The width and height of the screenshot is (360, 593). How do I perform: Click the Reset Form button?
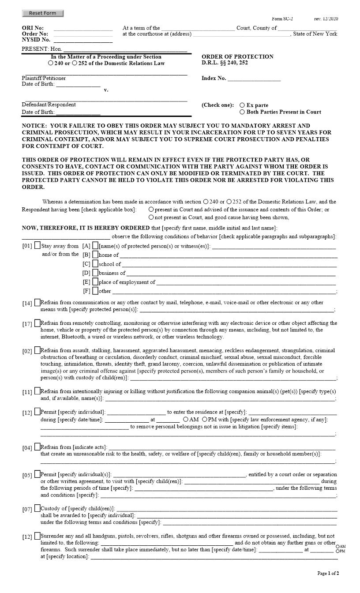pyautogui.click(x=43, y=13)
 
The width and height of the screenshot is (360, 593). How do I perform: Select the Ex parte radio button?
pyautogui.click(x=242, y=105)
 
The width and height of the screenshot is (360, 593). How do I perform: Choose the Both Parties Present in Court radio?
pyautogui.click(x=242, y=112)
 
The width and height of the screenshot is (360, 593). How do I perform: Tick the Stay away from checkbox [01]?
pyautogui.click(x=37, y=246)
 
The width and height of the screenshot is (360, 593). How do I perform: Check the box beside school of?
pyautogui.click(x=95, y=264)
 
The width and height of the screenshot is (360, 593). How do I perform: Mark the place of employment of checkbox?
pyautogui.click(x=95, y=282)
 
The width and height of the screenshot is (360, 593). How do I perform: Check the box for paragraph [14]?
pyautogui.click(x=37, y=303)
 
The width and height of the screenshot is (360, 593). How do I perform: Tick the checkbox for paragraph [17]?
pyautogui.click(x=37, y=323)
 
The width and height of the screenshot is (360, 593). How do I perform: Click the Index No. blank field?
pyautogui.click(x=254, y=79)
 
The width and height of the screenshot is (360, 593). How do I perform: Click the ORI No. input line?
pyautogui.click(x=83, y=28)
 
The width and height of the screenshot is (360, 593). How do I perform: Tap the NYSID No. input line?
pyautogui.click(x=83, y=40)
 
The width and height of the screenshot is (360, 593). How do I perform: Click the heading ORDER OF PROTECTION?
pyautogui.click(x=237, y=57)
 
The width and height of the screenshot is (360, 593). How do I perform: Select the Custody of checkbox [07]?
pyautogui.click(x=37, y=508)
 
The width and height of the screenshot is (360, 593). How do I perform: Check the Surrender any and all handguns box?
pyautogui.click(x=37, y=536)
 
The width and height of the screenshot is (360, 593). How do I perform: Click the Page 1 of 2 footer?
pyautogui.click(x=328, y=573)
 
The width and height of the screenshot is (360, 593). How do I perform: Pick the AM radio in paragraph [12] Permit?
pyautogui.click(x=186, y=420)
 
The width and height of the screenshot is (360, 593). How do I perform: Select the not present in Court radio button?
pyautogui.click(x=151, y=217)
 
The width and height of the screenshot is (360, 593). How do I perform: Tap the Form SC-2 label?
pyautogui.click(x=282, y=19)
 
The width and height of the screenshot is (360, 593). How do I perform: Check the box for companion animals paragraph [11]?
pyautogui.click(x=37, y=391)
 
